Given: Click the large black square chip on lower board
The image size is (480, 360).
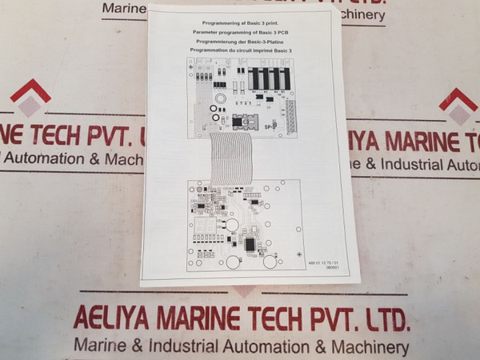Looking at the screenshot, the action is (250, 243).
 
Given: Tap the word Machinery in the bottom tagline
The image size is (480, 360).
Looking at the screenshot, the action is (368, 348).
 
